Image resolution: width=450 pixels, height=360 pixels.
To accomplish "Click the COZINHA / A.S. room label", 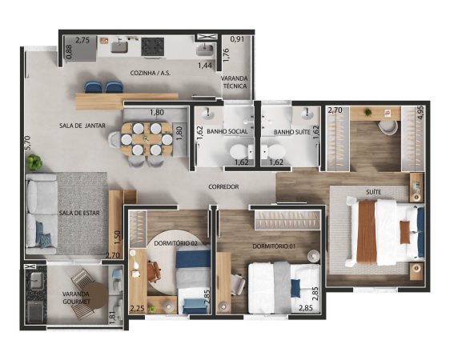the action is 150,73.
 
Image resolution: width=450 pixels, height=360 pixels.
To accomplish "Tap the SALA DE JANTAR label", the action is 82,126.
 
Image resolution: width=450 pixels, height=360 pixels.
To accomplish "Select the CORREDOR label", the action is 223,187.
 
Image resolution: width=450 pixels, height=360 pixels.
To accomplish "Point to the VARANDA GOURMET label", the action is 76,298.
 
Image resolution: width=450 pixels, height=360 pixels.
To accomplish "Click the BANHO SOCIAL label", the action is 227,131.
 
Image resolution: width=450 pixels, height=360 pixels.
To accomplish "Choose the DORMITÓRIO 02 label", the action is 176,243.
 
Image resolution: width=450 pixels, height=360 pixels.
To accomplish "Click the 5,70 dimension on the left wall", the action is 28,142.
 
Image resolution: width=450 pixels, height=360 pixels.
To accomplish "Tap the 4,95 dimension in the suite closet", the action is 420,113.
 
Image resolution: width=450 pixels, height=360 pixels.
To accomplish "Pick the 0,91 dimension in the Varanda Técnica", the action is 237,39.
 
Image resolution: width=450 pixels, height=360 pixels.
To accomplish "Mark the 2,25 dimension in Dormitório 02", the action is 137,309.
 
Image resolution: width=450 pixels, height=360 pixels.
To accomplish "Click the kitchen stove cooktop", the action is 153,46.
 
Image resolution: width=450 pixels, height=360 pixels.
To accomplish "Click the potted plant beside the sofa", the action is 34,162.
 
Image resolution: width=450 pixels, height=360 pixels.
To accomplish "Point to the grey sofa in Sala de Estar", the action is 41,214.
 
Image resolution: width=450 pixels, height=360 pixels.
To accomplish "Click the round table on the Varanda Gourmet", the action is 97,295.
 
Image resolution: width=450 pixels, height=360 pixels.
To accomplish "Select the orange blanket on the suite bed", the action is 367,231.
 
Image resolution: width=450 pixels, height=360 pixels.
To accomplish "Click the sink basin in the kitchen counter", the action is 119,47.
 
